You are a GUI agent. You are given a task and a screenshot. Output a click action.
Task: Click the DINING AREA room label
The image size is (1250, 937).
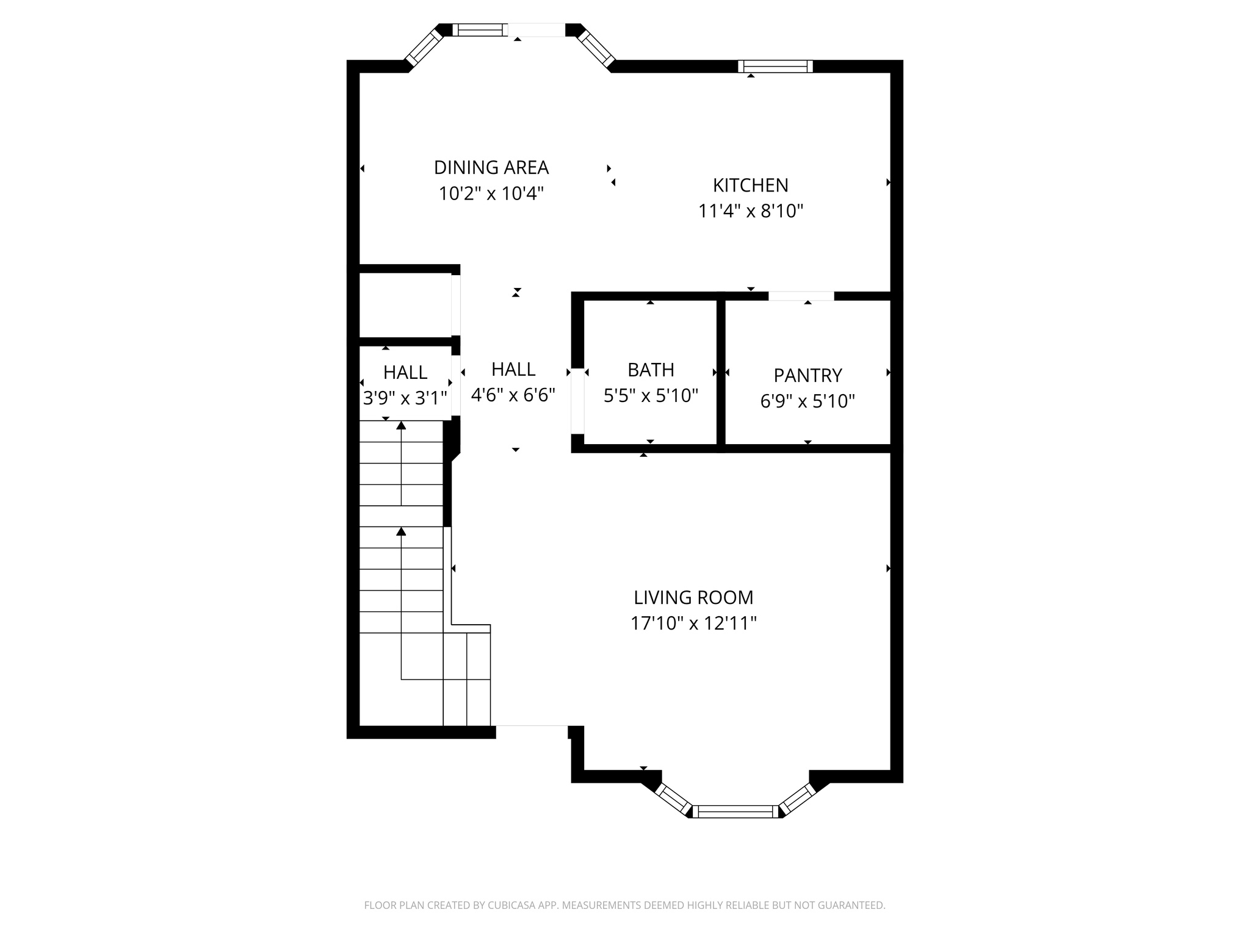coord(491,167)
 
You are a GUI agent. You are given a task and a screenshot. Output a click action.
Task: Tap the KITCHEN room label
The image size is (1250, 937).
coord(750,185)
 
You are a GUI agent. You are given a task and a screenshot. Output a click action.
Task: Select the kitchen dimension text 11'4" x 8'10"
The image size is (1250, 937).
coord(750,211)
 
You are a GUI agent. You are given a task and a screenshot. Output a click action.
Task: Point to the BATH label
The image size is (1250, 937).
coord(651,370)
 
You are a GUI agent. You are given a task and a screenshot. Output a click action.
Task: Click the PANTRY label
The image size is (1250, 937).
coord(807,375)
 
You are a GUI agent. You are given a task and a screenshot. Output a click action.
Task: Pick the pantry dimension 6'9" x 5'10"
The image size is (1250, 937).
coord(807,401)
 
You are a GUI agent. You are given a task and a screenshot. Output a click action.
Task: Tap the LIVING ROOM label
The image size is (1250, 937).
coord(693,597)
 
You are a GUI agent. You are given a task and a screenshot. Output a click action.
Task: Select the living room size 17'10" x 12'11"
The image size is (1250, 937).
coord(693,623)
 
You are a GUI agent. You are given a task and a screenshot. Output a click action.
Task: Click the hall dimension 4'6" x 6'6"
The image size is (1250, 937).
coord(513,395)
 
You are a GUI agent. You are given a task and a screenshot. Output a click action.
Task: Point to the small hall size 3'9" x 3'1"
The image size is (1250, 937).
coord(405,398)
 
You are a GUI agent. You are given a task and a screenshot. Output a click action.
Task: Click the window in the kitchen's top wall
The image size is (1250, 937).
coord(775,66)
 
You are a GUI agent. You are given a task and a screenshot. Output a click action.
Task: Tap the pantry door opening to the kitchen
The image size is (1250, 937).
coord(801,296)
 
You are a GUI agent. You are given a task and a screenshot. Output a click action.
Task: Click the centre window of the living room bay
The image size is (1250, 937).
coord(735,811)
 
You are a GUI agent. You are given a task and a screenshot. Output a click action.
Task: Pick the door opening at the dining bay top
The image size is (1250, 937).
coord(536,30)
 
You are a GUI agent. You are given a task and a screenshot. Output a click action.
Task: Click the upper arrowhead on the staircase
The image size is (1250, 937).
coord(401,425)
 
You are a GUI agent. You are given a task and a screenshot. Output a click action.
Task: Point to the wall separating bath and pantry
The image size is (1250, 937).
coord(721,372)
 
